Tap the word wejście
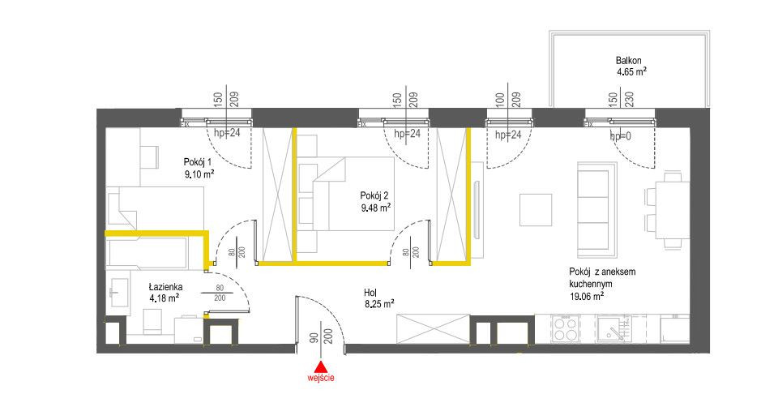coord(321,377)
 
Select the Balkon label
coord(629,61)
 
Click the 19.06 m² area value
coord(587,296)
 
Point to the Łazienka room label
coord(165,287)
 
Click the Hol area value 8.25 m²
coord(379,304)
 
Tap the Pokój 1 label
coord(198,161)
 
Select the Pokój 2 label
coord(374,195)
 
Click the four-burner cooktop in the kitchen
coord(566,329)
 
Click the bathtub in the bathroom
coord(147,253)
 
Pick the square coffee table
coord(536,210)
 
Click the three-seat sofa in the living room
coord(597,210)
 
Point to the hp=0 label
coord(621,136)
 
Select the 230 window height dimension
coord(629,100)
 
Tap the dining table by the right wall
coord(673,210)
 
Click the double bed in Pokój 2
coord(353,194)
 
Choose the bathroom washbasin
coord(118,293)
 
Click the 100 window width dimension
coord(501,100)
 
